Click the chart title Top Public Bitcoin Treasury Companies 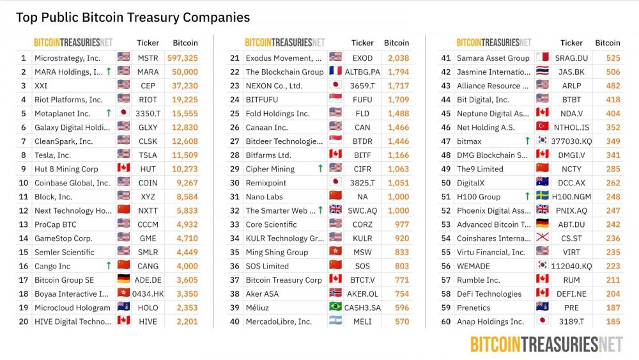(133, 17)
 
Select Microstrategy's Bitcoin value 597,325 (183, 58)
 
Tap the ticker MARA (148, 72)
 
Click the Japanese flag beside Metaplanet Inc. (123, 113)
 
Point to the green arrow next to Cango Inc (109, 265)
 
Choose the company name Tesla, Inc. (52, 155)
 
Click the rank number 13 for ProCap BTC (24, 224)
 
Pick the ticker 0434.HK (148, 293)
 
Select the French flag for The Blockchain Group (335, 71)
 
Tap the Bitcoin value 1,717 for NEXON (398, 86)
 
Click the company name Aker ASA (262, 293)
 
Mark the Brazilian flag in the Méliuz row (335, 306)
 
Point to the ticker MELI (362, 321)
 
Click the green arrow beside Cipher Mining (320, 168)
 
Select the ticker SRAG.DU (571, 58)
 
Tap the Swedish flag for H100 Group (542, 196)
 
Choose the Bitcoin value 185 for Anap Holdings (613, 321)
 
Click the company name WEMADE (473, 266)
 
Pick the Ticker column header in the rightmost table (571, 43)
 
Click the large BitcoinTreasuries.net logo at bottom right (546, 345)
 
